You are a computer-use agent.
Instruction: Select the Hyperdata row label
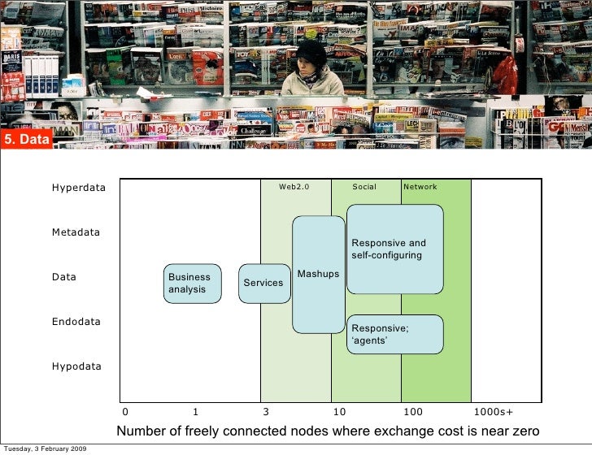[x=79, y=188]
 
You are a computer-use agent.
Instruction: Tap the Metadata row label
[x=76, y=232]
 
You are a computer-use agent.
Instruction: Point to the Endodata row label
[x=76, y=322]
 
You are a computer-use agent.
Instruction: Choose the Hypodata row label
[x=76, y=366]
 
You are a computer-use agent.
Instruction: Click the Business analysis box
[x=193, y=284]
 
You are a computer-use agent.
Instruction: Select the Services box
[x=263, y=283]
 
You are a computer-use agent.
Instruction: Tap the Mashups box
[x=318, y=275]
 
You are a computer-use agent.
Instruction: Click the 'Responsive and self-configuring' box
[x=394, y=249]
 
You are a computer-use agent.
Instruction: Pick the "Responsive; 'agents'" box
[x=394, y=334]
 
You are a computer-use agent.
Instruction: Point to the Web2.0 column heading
[x=294, y=187]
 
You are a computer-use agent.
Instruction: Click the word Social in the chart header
[x=364, y=187]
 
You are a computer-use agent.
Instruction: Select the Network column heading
[x=420, y=187]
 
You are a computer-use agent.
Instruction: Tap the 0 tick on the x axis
[x=124, y=412]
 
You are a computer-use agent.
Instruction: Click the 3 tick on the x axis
[x=265, y=412]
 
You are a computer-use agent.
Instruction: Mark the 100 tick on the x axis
[x=413, y=412]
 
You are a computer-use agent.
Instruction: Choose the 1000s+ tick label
[x=493, y=412]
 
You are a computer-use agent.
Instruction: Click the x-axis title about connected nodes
[x=328, y=431]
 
